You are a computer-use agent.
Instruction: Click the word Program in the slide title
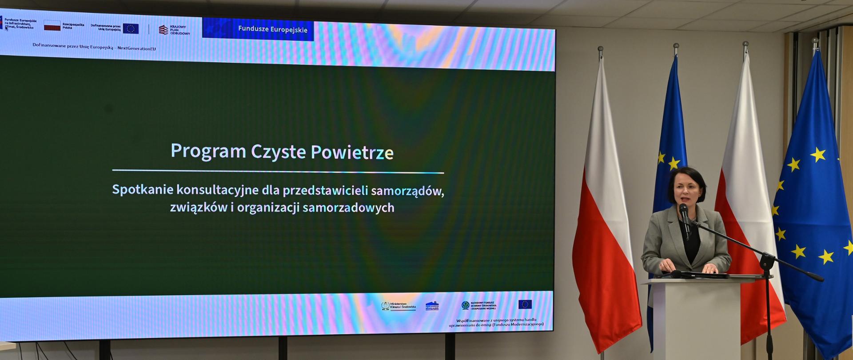[x=208, y=152]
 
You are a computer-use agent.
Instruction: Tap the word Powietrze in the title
[x=352, y=152]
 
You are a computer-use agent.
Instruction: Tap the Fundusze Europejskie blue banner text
[x=272, y=29]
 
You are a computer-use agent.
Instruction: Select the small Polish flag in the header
[x=52, y=26]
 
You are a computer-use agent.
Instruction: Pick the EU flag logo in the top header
[x=131, y=28]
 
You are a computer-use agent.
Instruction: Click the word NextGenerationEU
[x=136, y=48]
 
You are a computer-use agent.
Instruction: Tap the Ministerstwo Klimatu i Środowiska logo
[x=398, y=306]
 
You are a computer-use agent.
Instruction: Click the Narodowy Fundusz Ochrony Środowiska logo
[x=478, y=305]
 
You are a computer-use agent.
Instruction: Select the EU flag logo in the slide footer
[x=525, y=304]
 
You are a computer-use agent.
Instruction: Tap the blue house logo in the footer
[x=432, y=306]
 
